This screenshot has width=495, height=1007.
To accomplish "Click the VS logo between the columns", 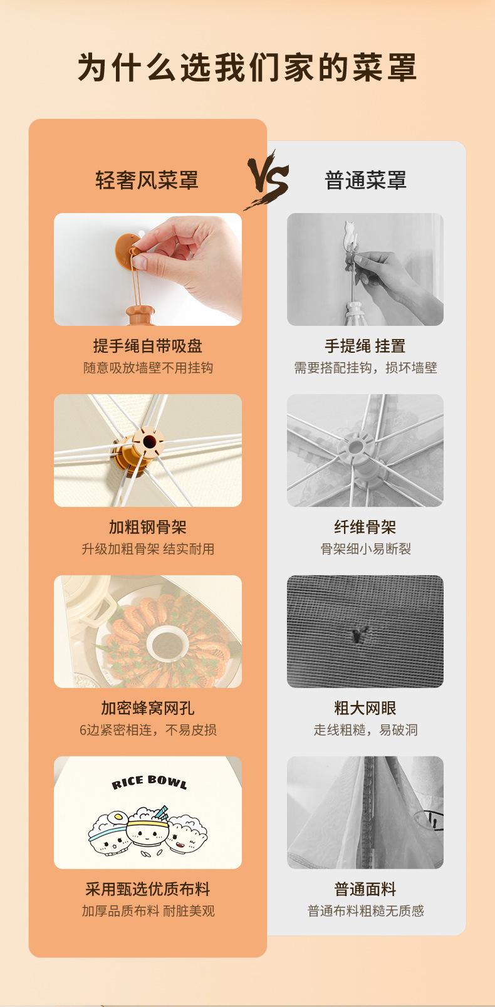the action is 268,180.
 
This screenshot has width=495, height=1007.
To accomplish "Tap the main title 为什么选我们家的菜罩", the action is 247,68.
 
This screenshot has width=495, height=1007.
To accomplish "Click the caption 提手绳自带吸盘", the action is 147,346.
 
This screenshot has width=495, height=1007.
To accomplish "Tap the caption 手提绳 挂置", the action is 365,346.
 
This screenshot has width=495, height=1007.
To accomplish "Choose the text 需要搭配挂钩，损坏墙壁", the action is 365,368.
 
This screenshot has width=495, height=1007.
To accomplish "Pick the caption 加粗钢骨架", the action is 147,528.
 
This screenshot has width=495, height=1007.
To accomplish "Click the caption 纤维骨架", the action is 365,528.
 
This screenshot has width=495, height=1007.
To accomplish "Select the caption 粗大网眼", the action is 365,709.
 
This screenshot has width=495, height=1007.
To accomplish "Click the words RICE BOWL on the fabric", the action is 149,782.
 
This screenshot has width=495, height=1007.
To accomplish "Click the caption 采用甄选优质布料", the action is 147,890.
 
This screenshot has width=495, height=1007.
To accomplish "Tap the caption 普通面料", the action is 365,890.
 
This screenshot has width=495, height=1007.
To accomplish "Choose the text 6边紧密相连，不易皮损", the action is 148,730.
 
